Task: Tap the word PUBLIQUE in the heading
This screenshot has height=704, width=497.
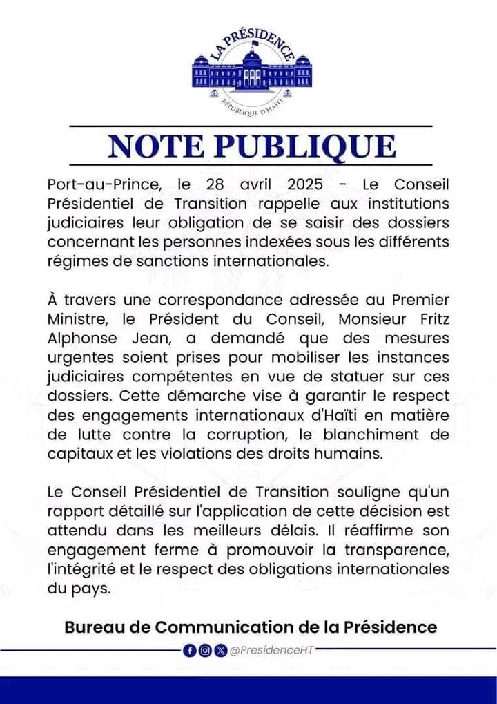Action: coord(304,146)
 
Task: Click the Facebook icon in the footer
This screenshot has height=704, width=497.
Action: coord(190,650)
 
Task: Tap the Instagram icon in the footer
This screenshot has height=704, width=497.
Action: coord(205,650)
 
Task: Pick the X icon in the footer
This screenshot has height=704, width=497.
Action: coord(220,650)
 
